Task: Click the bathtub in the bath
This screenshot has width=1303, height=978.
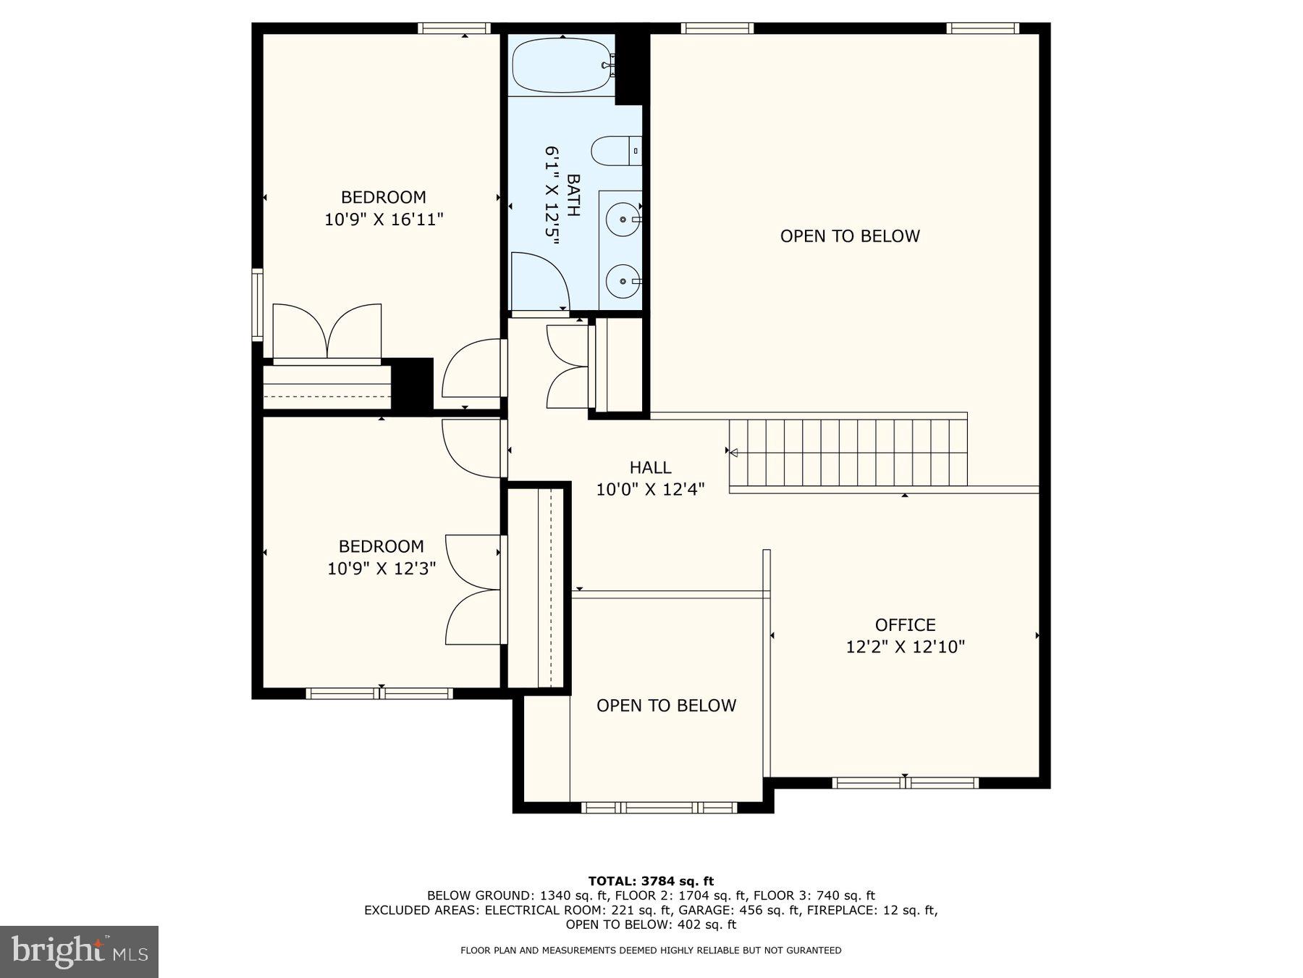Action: pyautogui.click(x=561, y=65)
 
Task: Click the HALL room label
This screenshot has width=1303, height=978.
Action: pyautogui.click(x=650, y=467)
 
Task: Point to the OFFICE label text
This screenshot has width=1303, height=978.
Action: pyautogui.click(x=905, y=624)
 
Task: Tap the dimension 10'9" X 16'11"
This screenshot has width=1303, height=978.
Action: pyautogui.click(x=383, y=219)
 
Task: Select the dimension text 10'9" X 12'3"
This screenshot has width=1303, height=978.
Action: pyautogui.click(x=381, y=568)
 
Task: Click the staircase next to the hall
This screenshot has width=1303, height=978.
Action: pyautogui.click(x=847, y=453)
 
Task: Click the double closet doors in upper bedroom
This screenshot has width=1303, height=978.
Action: pyautogui.click(x=326, y=331)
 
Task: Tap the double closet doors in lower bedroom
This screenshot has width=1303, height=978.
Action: pyautogui.click(x=472, y=590)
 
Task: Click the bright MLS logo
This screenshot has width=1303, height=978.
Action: pyautogui.click(x=79, y=951)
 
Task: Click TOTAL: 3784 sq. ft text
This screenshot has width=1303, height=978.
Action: pyautogui.click(x=651, y=881)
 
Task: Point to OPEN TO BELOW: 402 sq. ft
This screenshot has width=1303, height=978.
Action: pyautogui.click(x=651, y=924)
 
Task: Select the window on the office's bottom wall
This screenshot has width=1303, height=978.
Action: pyautogui.click(x=905, y=782)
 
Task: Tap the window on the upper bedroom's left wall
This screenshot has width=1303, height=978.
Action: pyautogui.click(x=257, y=304)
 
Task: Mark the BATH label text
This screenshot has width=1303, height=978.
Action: pyautogui.click(x=573, y=196)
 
